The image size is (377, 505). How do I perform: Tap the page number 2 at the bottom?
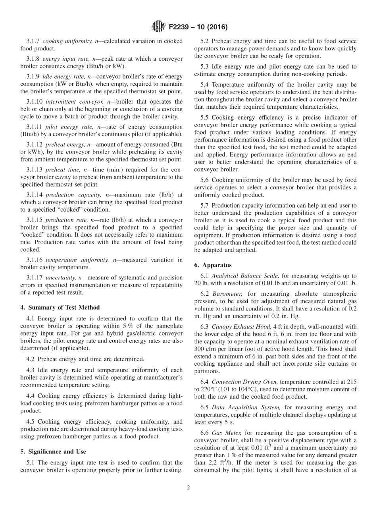(x=188, y=488)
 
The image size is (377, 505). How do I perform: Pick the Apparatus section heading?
(x=217, y=265)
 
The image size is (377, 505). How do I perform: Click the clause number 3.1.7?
(x=33, y=41)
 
